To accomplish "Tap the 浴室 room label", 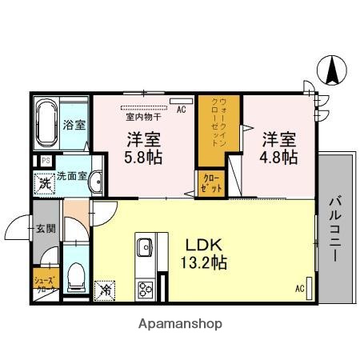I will [x=76, y=125].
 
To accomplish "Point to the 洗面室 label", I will [x=70, y=176].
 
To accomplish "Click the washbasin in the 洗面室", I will [x=97, y=182].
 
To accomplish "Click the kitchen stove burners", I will [x=146, y=288].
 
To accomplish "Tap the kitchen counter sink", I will [x=146, y=246].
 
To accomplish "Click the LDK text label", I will [x=202, y=242].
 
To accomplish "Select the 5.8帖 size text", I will [x=142, y=158].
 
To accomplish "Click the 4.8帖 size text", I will [x=278, y=158].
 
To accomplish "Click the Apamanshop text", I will [x=182, y=325].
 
